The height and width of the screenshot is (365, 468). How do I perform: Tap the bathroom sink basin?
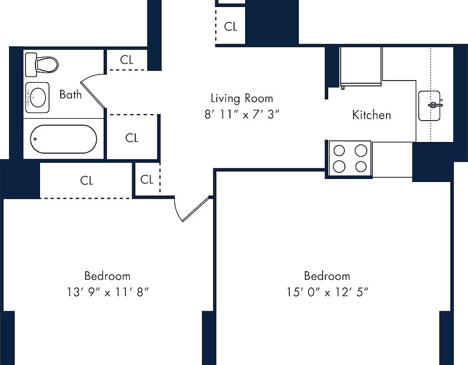37,97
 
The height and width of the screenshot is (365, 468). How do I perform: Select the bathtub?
64,139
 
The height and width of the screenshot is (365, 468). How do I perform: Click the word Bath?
70,94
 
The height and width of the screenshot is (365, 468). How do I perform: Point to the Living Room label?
242,98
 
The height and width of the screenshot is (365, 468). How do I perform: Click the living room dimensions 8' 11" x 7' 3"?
242,115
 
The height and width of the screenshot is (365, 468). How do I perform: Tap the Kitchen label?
372,115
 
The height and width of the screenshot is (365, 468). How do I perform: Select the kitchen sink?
430,106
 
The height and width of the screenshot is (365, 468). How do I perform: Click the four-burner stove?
350,159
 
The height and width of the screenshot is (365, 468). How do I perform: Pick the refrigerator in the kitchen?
361,67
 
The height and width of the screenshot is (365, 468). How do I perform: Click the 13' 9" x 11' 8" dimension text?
107,292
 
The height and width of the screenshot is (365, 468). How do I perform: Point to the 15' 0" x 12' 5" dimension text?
327,292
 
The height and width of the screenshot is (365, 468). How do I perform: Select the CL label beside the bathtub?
132,138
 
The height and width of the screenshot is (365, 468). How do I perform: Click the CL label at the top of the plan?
231,26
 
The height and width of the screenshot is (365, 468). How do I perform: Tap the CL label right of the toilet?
127,60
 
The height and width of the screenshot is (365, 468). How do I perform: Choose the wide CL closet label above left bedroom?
87,180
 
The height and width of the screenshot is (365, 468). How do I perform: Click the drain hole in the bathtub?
35,139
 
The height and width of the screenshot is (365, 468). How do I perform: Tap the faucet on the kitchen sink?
435,104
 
